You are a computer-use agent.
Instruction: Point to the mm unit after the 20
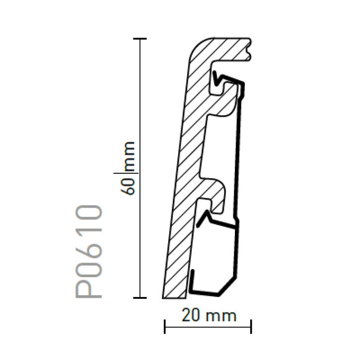[222, 315]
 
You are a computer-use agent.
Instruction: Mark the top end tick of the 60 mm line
[140, 38]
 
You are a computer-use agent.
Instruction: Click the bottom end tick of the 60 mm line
[140, 298]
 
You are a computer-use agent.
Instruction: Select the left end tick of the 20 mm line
[164, 327]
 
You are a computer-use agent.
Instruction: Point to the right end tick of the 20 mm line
[252, 327]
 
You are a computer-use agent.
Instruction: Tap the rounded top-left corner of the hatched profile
[193, 47]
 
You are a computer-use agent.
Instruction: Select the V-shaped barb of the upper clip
[217, 77]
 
